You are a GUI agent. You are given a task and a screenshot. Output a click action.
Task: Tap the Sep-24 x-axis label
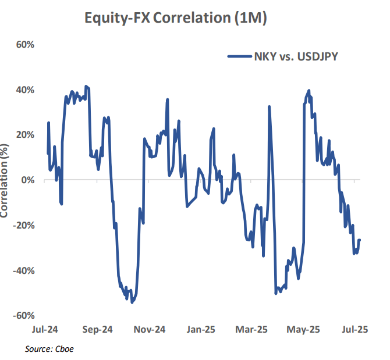coord(98,329)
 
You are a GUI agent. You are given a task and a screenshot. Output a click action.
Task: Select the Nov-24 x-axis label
coord(150,329)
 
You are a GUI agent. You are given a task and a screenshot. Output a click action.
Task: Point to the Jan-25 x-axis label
coord(201,329)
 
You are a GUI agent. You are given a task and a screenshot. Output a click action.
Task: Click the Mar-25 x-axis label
coord(253,329)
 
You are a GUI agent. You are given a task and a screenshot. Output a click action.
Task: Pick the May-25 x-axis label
coord(304,329)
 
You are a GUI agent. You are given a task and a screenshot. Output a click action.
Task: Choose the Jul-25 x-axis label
coord(354,329)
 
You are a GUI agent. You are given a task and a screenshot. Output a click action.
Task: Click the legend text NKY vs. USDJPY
coord(296,56)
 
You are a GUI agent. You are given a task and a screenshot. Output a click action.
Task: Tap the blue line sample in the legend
coord(238,56)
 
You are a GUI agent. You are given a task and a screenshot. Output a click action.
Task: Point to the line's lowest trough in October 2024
coord(132,302)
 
